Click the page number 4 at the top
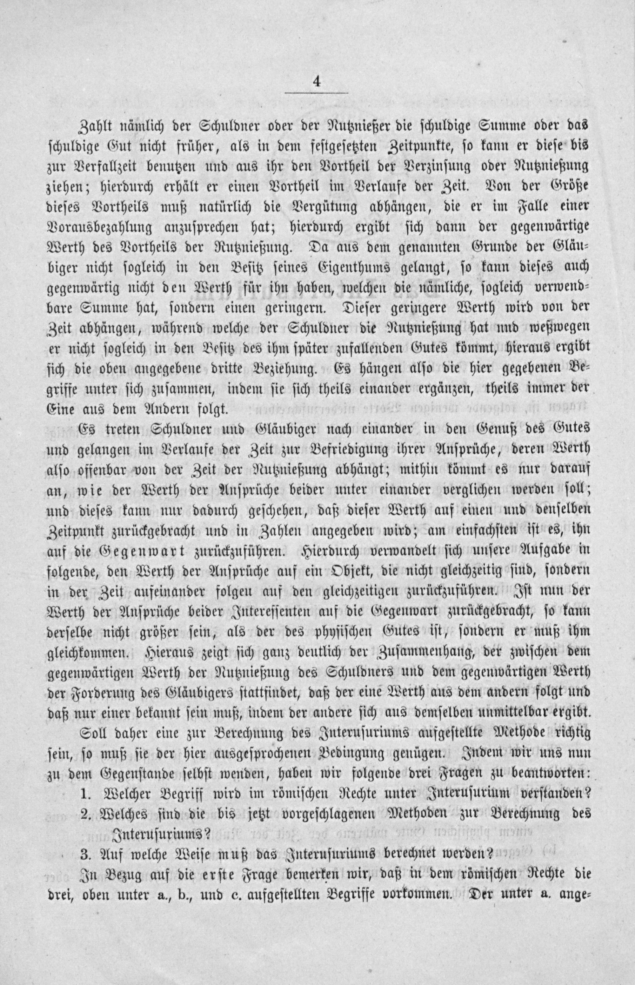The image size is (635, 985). coord(317,81)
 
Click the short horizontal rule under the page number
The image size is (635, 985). coord(317,94)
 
